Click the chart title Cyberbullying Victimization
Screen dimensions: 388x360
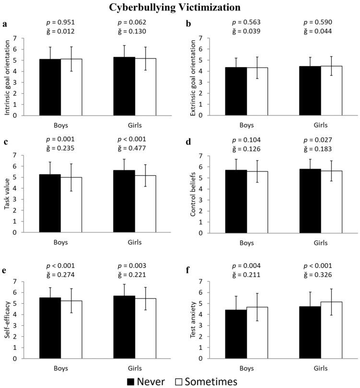(180, 8)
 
